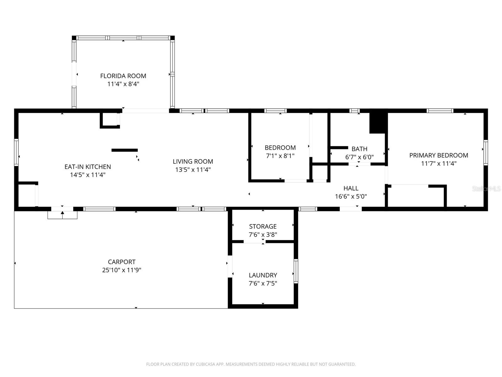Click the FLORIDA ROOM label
click(123, 76)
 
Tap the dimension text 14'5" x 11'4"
click(88, 175)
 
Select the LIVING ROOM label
click(193, 161)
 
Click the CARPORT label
click(122, 262)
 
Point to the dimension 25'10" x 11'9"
click(122, 270)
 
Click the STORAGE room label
click(263, 226)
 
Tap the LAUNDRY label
click(263, 275)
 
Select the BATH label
click(359, 149)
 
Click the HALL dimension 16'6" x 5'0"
click(351, 197)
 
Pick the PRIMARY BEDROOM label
click(438, 155)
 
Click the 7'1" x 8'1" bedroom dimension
click(280, 156)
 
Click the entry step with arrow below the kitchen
click(62, 215)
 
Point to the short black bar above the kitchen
click(125, 150)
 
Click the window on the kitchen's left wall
click(16, 152)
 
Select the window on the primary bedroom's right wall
click(485, 153)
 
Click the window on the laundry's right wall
click(296, 271)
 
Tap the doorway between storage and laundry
click(254, 242)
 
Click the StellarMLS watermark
click(486, 189)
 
